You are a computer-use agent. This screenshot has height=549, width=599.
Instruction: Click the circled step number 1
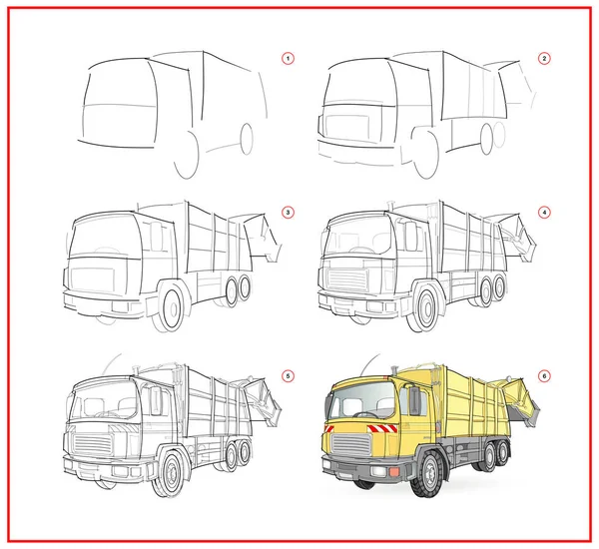pos(288,59)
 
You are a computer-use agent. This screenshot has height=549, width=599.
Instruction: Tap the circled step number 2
pos(544,59)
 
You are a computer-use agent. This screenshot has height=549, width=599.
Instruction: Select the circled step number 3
pos(288,213)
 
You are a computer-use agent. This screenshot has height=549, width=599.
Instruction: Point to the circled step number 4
pos(544,213)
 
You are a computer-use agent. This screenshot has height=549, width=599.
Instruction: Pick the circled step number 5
pos(288,376)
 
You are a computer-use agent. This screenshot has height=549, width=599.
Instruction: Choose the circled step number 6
pos(544,376)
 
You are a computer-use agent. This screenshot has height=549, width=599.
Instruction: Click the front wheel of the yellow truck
pos(428,474)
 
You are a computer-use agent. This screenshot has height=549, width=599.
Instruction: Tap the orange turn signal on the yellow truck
pos(394,472)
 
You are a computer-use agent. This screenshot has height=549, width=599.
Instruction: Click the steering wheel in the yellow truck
pos(365,414)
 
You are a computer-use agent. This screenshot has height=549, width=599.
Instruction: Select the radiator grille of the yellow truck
pos(351,444)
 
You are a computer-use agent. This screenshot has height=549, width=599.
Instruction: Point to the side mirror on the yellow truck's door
pos(414,400)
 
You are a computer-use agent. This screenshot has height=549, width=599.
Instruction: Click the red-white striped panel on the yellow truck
pos(382,428)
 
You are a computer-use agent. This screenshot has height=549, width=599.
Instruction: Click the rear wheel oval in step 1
pos(247,139)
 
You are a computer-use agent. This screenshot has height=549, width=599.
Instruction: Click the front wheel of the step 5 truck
pos(171,474)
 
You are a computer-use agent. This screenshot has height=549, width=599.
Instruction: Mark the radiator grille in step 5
pos(93,444)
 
